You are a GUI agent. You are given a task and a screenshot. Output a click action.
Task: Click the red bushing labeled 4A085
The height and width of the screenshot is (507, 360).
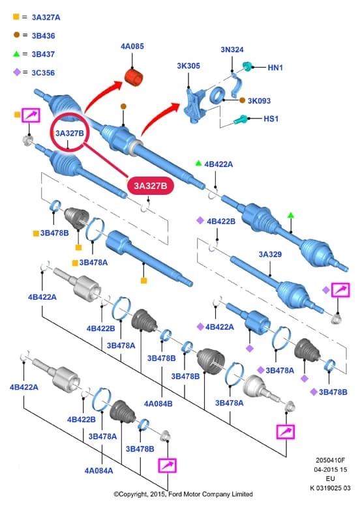click(134, 78)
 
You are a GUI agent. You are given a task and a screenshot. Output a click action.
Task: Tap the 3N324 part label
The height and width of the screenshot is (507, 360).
click(232, 50)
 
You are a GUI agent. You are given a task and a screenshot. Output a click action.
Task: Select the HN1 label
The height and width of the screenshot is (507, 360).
click(275, 68)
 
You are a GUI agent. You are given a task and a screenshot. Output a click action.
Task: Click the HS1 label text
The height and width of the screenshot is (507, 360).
click(271, 119)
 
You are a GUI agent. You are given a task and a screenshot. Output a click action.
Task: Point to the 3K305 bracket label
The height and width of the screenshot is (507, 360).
click(188, 66)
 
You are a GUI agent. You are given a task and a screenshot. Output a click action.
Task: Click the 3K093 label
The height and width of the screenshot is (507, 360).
click(259, 101)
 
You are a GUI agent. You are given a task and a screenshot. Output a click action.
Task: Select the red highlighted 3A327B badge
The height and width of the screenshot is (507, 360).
click(151, 186)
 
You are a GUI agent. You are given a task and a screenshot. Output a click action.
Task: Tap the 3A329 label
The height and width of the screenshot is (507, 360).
click(270, 254)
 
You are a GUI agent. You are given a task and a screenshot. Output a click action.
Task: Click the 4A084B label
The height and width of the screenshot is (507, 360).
click(158, 404)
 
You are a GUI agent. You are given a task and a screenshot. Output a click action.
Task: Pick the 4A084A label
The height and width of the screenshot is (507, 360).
click(98, 471)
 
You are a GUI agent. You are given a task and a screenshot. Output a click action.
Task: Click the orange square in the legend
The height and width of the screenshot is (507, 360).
click(16, 16)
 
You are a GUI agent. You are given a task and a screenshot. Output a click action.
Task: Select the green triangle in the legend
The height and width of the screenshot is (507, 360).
click(16, 53)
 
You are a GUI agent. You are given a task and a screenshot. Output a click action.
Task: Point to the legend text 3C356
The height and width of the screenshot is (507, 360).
click(43, 73)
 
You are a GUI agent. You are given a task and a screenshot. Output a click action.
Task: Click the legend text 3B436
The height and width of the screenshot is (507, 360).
click(43, 36)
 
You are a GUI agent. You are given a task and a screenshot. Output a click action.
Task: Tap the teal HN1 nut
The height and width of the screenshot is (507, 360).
click(247, 66)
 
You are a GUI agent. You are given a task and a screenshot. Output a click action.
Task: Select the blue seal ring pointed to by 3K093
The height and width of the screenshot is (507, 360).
click(217, 95)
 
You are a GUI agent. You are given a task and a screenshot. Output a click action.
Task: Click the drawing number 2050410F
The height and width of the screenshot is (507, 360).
click(330, 460)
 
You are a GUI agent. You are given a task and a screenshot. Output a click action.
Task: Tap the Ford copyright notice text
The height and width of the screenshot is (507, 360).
click(183, 494)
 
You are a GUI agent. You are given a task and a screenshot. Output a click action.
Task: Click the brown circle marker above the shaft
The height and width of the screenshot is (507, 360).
click(123, 106)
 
